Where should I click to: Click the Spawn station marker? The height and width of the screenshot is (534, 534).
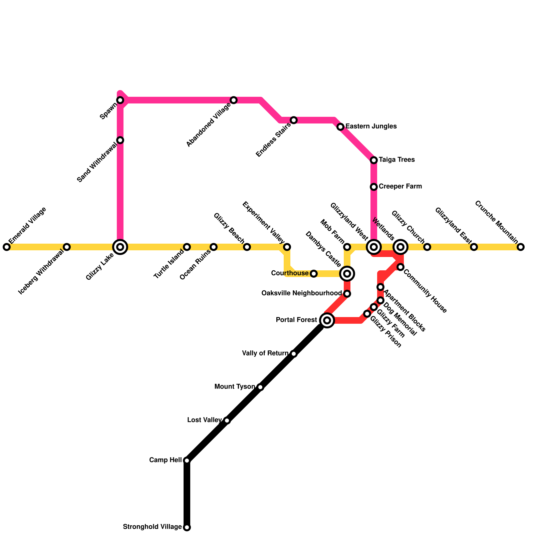(120, 100)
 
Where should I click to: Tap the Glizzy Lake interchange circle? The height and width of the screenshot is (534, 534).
(120, 247)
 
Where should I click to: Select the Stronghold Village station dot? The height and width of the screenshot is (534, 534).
(187, 527)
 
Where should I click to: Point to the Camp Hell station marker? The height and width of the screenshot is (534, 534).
(187, 461)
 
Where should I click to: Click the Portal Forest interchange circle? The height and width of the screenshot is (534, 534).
(327, 320)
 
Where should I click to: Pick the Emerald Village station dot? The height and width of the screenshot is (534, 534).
(7, 247)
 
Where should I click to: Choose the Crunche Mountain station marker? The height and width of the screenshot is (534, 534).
(521, 247)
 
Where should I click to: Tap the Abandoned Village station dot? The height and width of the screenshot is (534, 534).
(234, 100)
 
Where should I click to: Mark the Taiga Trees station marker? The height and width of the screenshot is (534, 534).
(374, 160)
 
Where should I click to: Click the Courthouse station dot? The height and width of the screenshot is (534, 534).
(314, 274)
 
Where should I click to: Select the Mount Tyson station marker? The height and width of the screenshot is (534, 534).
(260, 387)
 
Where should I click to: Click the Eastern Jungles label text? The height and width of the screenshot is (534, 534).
(371, 126)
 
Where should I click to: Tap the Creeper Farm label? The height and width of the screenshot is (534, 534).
(400, 187)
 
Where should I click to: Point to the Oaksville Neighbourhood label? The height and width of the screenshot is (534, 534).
(301, 293)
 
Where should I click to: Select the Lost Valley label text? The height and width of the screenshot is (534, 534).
(204, 420)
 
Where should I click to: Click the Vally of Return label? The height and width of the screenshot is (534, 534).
(265, 353)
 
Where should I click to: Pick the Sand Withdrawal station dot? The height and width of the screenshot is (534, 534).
(120, 140)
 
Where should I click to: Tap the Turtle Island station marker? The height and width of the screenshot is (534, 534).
(187, 247)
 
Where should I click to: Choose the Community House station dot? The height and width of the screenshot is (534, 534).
(400, 267)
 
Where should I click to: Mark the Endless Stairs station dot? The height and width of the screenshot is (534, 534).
(294, 120)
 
